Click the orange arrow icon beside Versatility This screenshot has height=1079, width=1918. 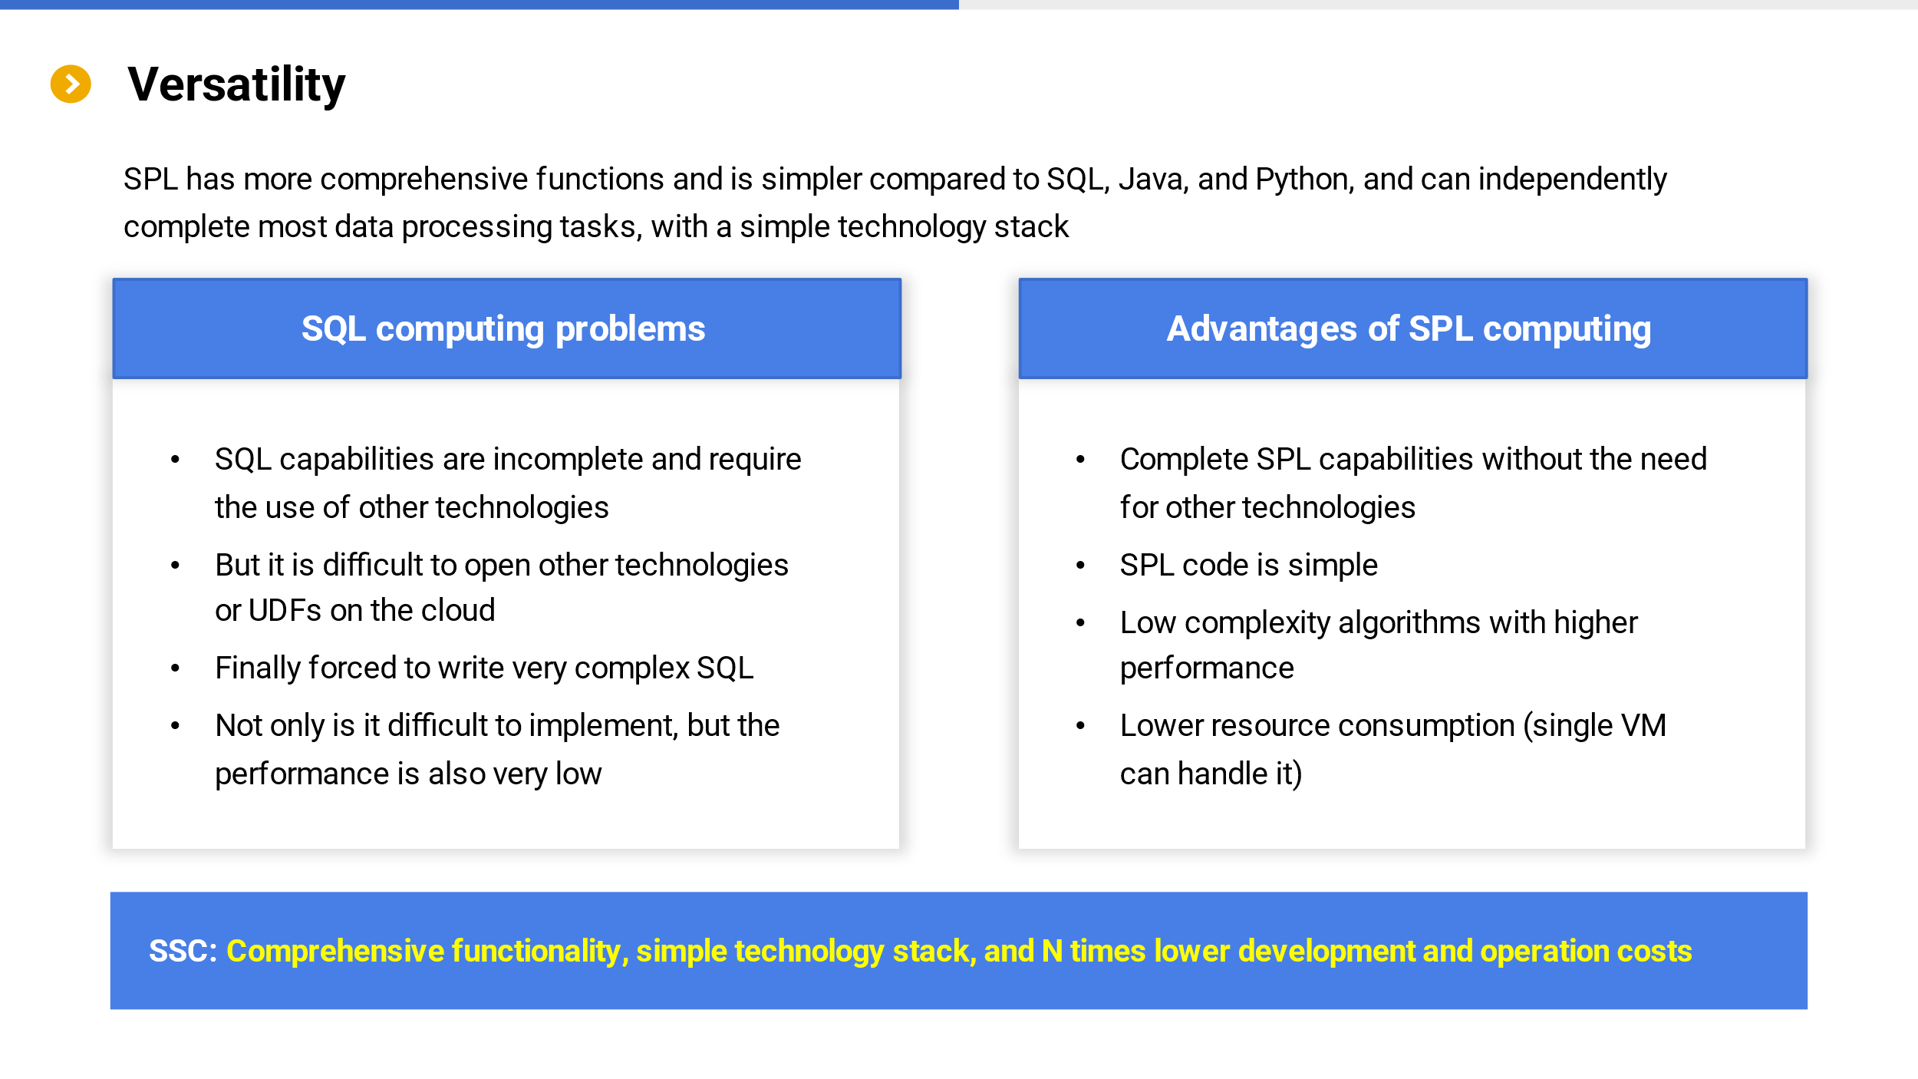[x=71, y=84]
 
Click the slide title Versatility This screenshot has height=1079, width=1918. [x=236, y=84]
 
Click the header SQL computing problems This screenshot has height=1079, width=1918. [x=503, y=329]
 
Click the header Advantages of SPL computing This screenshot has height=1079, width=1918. [x=1409, y=329]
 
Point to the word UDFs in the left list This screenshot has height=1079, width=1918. [x=285, y=610]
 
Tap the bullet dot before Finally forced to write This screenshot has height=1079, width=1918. [x=175, y=668]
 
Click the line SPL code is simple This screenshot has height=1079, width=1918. [x=1248, y=565]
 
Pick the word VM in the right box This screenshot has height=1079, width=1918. [x=1643, y=725]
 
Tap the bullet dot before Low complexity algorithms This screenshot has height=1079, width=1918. [x=1080, y=622]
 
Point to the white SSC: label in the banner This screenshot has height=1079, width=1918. [x=183, y=951]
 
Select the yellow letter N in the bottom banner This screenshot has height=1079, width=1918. [x=1052, y=951]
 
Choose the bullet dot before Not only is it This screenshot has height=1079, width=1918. [x=175, y=726]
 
